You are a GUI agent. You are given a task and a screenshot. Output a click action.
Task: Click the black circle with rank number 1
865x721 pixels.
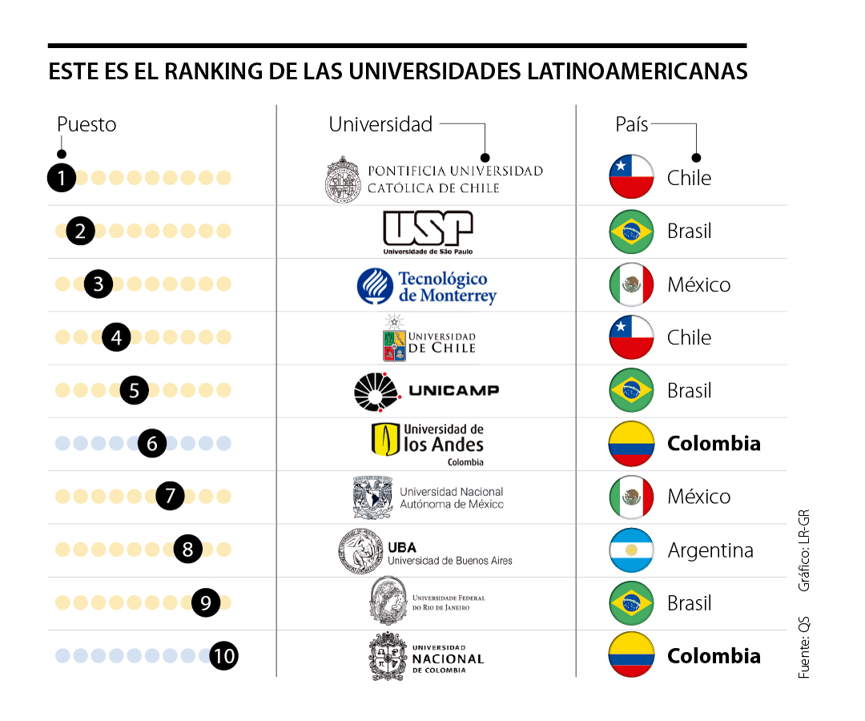(x=61, y=177)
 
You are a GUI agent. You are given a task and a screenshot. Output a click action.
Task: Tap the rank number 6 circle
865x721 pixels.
(x=152, y=443)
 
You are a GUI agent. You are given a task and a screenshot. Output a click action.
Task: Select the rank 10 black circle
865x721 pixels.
(x=224, y=656)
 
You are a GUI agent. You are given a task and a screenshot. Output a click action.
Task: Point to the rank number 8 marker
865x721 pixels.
(x=187, y=550)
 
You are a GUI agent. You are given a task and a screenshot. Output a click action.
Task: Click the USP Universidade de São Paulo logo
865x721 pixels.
(x=427, y=232)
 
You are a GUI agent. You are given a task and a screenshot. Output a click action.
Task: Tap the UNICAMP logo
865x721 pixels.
(x=427, y=390)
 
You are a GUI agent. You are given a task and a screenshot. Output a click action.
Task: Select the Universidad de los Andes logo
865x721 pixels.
(x=428, y=444)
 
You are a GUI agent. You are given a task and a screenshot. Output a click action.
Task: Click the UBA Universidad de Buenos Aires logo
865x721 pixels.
(x=424, y=551)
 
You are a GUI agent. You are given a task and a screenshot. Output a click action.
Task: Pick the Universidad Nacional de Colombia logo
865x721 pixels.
(x=427, y=657)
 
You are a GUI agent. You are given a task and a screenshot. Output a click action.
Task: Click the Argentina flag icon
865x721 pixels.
(x=631, y=550)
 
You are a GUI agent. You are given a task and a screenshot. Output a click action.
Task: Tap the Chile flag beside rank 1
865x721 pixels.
(x=631, y=177)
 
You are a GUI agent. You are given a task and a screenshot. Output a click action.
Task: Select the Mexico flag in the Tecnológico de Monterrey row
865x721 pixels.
(x=631, y=284)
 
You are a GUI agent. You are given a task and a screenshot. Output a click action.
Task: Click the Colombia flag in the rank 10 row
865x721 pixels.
(x=631, y=656)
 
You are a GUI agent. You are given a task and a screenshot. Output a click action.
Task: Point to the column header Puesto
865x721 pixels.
(x=86, y=124)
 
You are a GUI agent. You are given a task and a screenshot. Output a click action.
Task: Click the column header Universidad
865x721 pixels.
(x=380, y=124)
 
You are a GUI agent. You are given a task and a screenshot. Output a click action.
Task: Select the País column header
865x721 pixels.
(x=631, y=124)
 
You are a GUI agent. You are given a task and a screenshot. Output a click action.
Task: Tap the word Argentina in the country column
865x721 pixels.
(x=710, y=550)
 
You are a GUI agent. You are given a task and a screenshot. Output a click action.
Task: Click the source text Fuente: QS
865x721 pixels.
(x=804, y=646)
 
